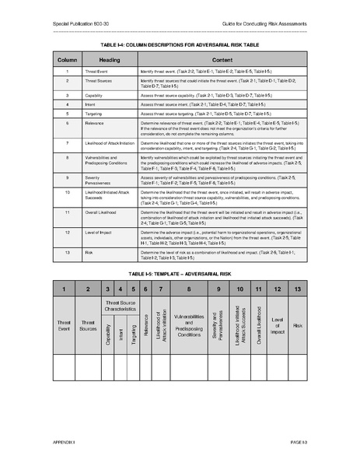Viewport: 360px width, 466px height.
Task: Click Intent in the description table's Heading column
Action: [95, 103]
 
